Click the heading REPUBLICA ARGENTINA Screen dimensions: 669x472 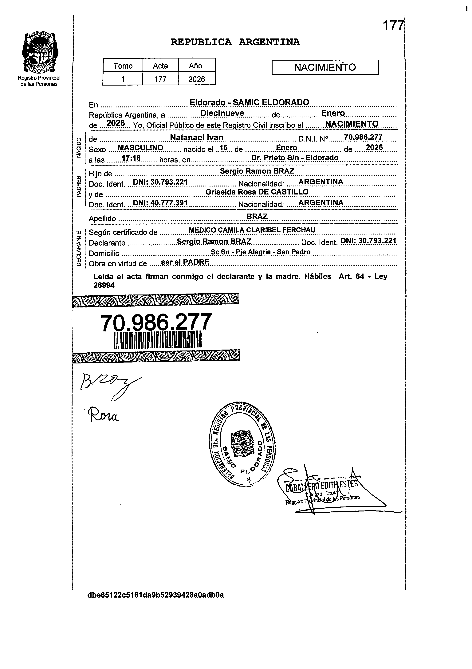(x=235, y=42)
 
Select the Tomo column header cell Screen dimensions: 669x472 (x=123, y=66)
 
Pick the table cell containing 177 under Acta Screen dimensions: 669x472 (x=160, y=79)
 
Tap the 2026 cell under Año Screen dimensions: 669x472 (x=197, y=79)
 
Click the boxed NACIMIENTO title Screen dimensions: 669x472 (x=325, y=67)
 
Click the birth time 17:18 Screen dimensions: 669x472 (x=131, y=158)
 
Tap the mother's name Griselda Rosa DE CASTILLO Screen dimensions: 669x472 (x=257, y=192)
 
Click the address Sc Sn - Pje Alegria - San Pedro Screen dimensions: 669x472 (x=261, y=252)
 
